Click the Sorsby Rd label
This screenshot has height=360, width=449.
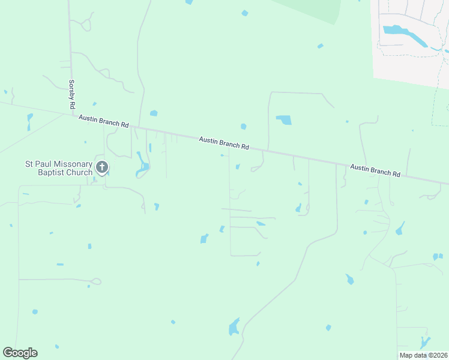71,94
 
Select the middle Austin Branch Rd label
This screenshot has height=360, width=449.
224,142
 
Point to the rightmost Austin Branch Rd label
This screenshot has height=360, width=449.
375,170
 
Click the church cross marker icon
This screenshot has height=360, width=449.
102,168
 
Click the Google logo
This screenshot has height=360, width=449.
20,353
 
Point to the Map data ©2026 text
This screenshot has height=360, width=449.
423,355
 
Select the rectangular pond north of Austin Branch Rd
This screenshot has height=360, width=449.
283,120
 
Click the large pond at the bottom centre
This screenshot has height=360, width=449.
234,328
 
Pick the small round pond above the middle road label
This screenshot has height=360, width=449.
243,127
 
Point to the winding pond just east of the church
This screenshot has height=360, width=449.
142,166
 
